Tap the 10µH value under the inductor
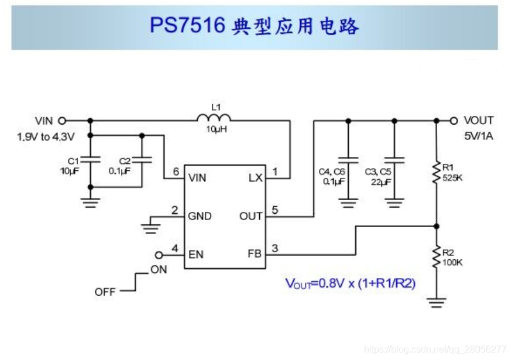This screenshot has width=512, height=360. (x=215, y=129)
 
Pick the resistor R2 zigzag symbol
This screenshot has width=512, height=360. (x=436, y=256)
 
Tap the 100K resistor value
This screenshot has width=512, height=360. (x=452, y=262)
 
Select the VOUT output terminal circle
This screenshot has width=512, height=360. (x=453, y=121)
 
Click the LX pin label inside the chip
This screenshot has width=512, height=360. (x=256, y=177)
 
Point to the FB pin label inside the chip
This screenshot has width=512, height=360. (x=255, y=254)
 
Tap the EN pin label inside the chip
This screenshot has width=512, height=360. (x=195, y=254)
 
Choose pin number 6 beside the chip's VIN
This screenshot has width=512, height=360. (x=175, y=172)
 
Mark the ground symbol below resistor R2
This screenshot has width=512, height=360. (x=436, y=303)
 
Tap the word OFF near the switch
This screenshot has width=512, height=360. (x=105, y=292)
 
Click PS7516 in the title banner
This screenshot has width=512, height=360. (x=187, y=26)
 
